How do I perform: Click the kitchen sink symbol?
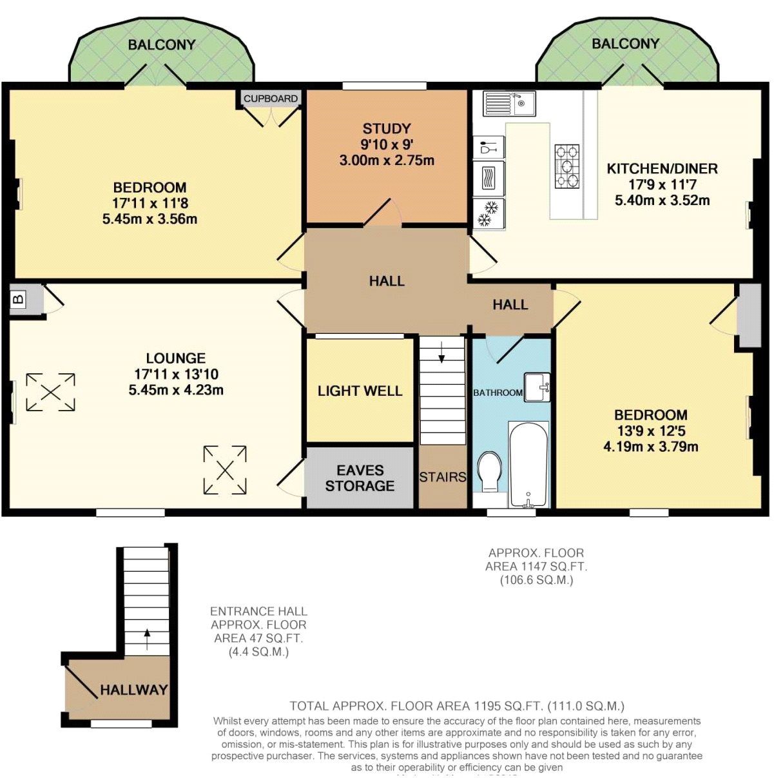point(509,103)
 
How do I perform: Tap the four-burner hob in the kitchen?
point(567,167)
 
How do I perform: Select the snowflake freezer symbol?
point(489,214)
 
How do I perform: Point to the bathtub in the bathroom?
point(528,464)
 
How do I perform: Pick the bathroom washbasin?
point(536,387)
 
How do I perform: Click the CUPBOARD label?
point(271,99)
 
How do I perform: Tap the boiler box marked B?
point(19,299)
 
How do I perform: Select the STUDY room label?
point(386,128)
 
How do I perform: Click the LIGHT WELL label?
point(360,391)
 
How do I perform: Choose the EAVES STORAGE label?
point(360,478)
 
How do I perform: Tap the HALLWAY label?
point(133,690)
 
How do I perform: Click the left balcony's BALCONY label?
point(161,44)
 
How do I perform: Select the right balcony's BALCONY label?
point(625,43)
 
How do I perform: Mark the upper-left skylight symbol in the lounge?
point(50,392)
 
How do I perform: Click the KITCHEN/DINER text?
point(662,169)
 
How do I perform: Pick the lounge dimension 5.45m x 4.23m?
point(176,390)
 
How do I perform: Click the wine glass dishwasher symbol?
point(489,148)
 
